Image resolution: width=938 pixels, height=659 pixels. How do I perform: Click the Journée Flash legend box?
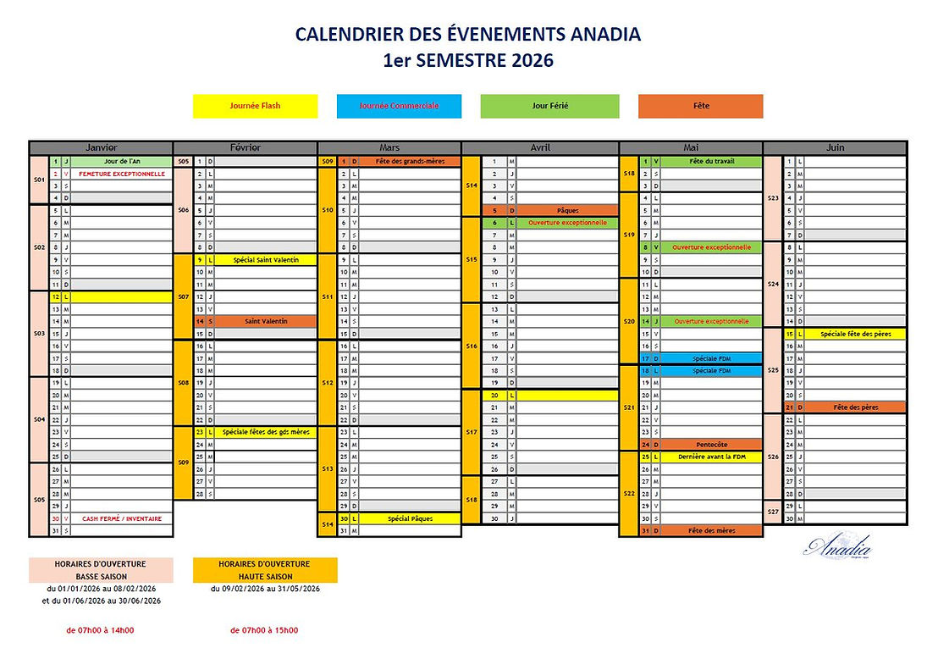point(255,106)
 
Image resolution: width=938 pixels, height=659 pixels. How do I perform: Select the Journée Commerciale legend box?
point(399,106)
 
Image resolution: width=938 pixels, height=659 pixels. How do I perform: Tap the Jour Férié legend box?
point(549,106)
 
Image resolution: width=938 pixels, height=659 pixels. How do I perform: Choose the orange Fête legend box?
point(700,106)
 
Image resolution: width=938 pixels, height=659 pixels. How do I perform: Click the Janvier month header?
point(101,147)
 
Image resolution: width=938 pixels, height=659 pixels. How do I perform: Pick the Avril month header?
point(540,147)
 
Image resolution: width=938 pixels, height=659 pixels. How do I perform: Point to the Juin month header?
point(835,147)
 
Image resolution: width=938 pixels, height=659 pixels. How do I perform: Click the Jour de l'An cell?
point(122,161)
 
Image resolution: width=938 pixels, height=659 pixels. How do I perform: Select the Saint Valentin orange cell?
point(266,321)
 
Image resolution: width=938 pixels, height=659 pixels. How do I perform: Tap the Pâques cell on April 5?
point(567,210)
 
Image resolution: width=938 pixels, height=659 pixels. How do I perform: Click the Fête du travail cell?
point(712,161)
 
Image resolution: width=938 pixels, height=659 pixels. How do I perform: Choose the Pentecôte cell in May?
point(712,444)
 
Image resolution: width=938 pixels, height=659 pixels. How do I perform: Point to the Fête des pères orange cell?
point(855,407)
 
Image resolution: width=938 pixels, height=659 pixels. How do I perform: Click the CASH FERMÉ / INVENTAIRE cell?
point(122,518)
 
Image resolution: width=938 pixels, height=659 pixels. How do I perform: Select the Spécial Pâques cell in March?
point(410,518)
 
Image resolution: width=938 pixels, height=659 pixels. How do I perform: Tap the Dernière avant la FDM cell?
point(712,457)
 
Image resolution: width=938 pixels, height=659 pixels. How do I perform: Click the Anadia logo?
point(836,548)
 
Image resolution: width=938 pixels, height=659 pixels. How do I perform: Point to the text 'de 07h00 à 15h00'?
point(264,630)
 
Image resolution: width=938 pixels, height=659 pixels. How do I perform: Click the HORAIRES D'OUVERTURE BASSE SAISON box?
point(101,569)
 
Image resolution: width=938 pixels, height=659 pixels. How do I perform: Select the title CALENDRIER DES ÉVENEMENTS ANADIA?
point(467,35)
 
